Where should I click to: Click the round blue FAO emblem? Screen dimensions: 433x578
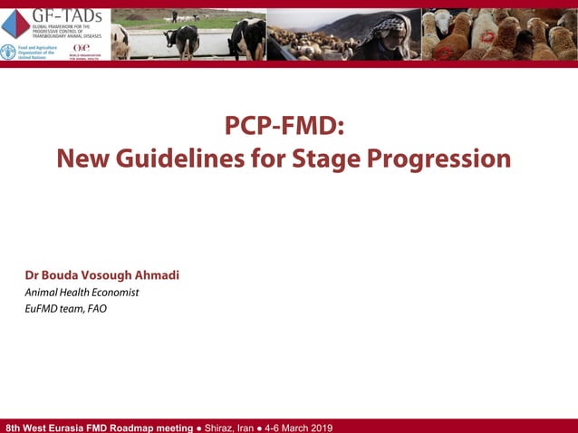coord(8,52)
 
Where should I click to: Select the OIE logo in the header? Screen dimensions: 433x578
coord(82,49)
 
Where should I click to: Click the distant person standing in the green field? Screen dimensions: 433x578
coord(174,16)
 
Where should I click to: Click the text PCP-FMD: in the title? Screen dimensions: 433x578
coord(284,128)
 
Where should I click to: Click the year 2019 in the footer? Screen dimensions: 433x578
coord(320,427)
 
